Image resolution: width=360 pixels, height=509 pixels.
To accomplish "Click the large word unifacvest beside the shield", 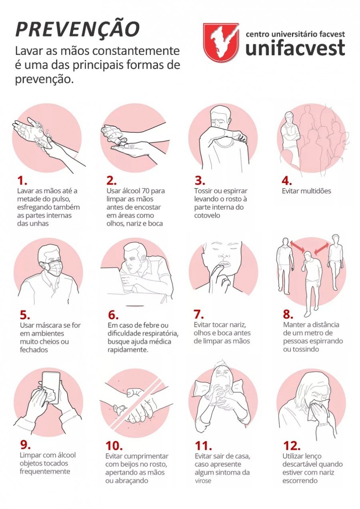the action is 295,48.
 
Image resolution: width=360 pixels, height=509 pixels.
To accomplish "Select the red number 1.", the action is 22,181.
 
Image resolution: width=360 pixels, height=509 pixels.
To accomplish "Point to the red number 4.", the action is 287,181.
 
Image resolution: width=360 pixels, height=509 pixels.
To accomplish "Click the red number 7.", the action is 199,315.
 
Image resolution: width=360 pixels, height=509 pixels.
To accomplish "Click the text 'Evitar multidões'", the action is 306,191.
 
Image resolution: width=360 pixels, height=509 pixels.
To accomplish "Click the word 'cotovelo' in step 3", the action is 207,215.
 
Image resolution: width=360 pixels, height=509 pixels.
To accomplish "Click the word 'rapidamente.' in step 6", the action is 128,350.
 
